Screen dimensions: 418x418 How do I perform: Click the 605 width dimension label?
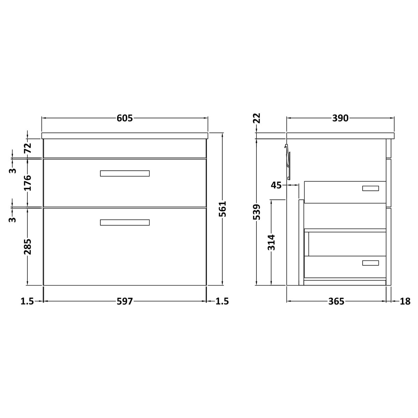tap(124, 118)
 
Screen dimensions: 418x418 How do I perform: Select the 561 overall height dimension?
tap(222, 209)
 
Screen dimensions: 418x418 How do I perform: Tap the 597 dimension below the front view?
tap(124, 301)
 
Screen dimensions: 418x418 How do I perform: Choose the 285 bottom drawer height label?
tap(28, 246)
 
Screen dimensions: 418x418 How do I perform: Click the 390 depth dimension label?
tap(340, 118)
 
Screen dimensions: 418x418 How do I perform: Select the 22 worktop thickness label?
tap(257, 118)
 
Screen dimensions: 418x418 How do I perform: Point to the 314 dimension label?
tap(271, 242)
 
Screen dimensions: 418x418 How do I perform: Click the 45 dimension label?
tap(276, 185)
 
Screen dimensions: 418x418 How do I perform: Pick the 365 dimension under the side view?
tap(336, 301)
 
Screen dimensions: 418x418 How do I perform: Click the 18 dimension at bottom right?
tap(405, 301)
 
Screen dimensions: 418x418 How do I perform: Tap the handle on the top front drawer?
tap(125, 173)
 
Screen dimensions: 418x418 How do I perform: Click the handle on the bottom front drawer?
tap(125, 222)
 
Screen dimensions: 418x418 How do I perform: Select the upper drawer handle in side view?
tap(371, 188)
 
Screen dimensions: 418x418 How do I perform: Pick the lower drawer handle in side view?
tap(371, 263)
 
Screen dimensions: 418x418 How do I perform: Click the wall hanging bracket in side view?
tap(288, 162)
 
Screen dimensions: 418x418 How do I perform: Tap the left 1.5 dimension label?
tap(27, 301)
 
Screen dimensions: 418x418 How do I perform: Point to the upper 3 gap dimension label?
tap(13, 170)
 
